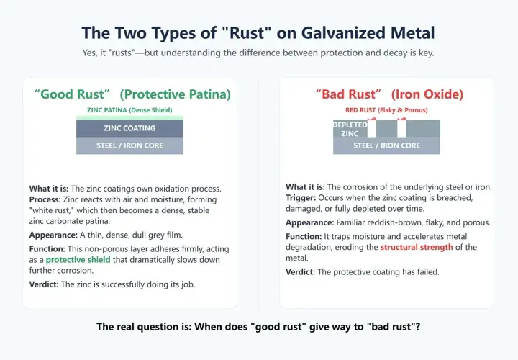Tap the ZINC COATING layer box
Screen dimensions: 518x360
tap(129, 128)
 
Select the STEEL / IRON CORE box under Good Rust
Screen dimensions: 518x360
tap(129, 145)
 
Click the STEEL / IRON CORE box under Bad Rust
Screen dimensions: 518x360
tap(386, 145)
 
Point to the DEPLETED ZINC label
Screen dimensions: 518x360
tap(350, 130)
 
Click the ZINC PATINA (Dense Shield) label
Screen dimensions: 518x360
tap(129, 110)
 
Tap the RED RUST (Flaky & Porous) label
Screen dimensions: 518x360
tap(386, 110)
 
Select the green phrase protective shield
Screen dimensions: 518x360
tap(78, 260)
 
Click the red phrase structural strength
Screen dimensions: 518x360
tap(417, 247)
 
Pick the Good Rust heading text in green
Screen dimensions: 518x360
tap(72, 94)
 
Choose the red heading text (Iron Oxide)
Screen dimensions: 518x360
tap(427, 94)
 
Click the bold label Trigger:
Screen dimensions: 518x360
tap(301, 198)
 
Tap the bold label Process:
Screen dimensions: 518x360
tap(45, 199)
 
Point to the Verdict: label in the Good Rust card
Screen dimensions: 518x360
tap(44, 284)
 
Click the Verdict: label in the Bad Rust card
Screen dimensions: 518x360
tap(301, 272)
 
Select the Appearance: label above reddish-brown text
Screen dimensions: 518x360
tap(310, 222)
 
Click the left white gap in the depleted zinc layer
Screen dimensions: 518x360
tap(372, 129)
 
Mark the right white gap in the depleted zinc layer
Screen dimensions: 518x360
tap(401, 129)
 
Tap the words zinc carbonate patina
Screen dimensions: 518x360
tap(70, 221)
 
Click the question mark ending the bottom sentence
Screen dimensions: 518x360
tap(418, 327)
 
